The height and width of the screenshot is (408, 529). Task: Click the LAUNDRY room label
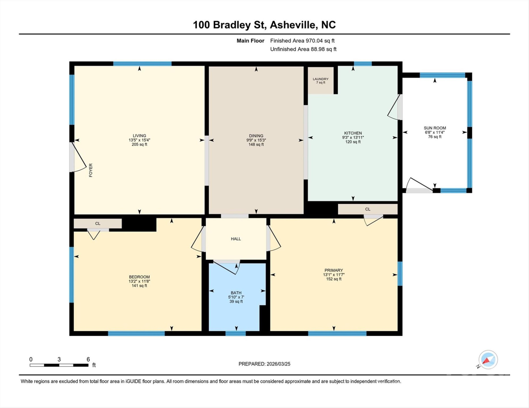[320, 79]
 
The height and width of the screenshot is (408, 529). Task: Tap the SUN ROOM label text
[434, 128]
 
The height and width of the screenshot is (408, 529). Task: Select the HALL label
[236, 239]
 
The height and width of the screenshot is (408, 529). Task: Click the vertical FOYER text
[91, 170]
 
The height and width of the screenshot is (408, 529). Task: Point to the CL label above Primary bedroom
[368, 209]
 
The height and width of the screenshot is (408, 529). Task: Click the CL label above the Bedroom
[98, 224]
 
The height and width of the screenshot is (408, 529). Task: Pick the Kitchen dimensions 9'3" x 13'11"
[353, 137]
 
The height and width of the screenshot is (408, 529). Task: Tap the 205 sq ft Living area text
[139, 144]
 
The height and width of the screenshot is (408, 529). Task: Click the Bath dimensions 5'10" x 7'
[236, 297]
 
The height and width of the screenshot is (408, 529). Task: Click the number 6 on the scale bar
[88, 359]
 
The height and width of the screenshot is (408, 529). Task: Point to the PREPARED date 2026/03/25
[264, 364]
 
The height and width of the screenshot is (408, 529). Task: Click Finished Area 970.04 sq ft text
[302, 41]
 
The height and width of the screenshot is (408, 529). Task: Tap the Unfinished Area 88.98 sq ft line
[303, 49]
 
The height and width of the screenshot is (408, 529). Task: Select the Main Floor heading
[250, 41]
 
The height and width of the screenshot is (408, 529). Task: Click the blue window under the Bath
[236, 333]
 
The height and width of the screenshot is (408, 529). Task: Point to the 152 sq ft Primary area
[333, 279]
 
